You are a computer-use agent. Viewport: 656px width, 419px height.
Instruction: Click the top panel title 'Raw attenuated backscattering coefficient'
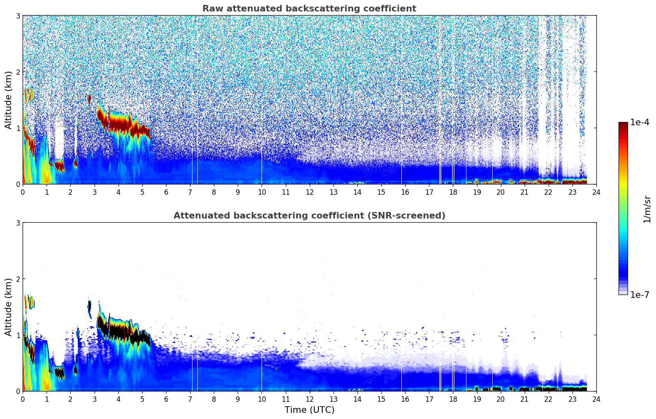(309, 9)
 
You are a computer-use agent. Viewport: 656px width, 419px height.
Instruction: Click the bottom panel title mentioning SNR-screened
(309, 216)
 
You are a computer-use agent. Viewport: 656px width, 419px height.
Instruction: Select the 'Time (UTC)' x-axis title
(309, 410)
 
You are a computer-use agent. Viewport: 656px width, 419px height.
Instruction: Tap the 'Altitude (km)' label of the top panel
(8, 100)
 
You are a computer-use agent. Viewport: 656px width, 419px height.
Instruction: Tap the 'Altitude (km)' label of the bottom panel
(8, 307)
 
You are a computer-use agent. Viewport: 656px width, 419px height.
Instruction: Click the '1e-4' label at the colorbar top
(640, 122)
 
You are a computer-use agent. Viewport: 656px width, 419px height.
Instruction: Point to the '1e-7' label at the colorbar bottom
(640, 295)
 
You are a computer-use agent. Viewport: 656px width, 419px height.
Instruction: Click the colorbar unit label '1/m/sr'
(647, 209)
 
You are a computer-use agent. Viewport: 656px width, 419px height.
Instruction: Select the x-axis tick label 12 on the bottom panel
(309, 399)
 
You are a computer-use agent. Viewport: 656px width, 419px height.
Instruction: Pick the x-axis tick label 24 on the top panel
(596, 192)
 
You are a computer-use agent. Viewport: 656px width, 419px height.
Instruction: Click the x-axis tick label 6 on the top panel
(166, 192)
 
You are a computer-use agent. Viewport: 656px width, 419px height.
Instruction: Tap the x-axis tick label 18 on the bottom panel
(453, 399)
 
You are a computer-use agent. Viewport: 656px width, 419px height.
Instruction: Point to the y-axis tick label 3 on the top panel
(18, 16)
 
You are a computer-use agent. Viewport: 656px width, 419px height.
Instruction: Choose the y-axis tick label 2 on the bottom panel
(18, 279)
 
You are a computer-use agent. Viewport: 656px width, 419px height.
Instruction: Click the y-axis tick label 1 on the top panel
(18, 128)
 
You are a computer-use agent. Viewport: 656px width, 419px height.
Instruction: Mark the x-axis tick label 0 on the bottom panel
(23, 399)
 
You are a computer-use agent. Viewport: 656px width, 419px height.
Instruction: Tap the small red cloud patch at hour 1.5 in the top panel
(60, 166)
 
